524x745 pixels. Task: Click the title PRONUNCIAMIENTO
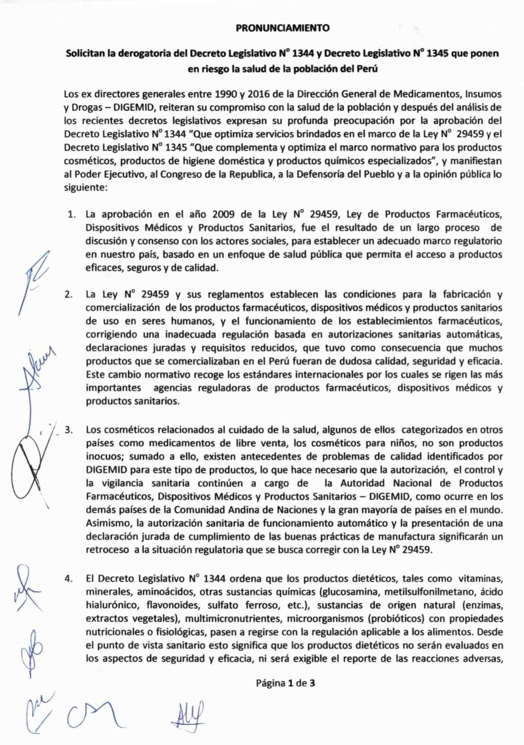(283, 28)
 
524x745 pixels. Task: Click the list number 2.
(68, 295)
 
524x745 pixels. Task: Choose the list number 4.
(68, 579)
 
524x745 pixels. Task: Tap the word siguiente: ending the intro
(86, 188)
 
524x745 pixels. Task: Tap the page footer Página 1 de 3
(285, 683)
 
